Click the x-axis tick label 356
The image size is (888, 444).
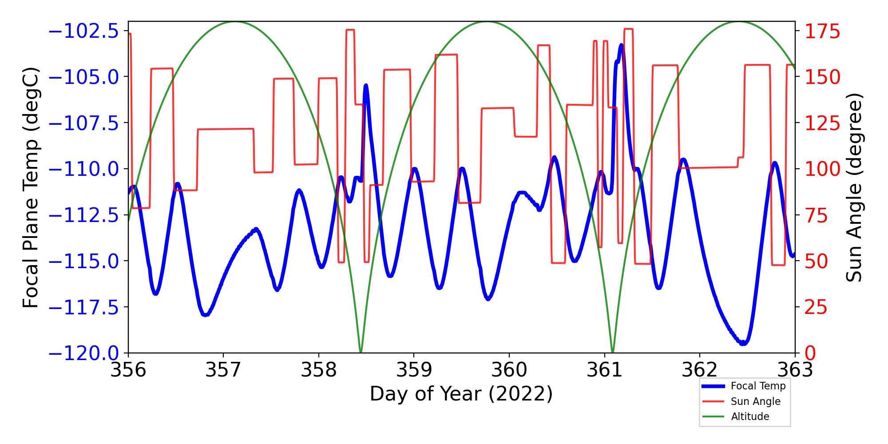128,370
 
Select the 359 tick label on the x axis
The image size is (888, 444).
414,370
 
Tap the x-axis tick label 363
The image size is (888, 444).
795,370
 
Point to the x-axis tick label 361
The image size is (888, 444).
604,370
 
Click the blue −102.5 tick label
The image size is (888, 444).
83,32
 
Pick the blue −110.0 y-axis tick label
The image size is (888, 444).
83,169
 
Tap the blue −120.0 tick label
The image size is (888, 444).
83,353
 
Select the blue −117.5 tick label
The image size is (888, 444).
83,307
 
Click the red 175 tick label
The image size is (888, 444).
822,32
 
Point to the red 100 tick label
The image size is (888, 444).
822,169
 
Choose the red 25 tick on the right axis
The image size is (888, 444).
817,307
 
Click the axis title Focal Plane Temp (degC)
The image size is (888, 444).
31,187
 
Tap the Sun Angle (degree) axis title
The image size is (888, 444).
853,187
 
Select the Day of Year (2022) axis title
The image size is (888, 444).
461,394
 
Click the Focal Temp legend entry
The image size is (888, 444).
758,386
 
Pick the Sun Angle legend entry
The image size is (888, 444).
755,401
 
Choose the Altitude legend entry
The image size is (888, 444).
750,416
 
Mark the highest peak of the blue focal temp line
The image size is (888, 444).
621,45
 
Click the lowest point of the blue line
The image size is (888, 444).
743,343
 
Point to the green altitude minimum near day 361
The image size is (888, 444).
613,352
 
